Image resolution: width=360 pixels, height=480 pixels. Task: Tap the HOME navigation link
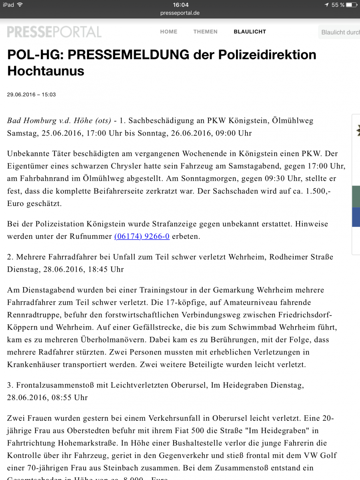pos(168,32)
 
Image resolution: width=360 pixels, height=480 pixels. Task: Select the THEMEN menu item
pos(205,32)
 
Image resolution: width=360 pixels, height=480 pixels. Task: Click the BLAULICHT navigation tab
pos(250,32)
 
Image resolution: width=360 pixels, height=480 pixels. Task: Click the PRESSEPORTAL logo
pos(54,32)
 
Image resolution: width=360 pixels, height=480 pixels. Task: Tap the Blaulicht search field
pos(340,32)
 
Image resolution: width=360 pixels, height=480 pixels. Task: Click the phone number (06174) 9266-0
pos(142,236)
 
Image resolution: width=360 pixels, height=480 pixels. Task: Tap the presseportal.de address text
pos(180,13)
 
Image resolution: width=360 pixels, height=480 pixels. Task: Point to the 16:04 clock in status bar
pos(180,5)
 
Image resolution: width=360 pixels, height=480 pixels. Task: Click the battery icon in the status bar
pos(352,5)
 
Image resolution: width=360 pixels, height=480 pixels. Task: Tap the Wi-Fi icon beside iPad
pos(20,5)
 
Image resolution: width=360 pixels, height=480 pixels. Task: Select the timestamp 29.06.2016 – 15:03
pos(31,95)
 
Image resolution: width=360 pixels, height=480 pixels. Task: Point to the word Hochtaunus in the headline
pos(46,71)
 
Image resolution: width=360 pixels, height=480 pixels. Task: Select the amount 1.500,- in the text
pos(318,192)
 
